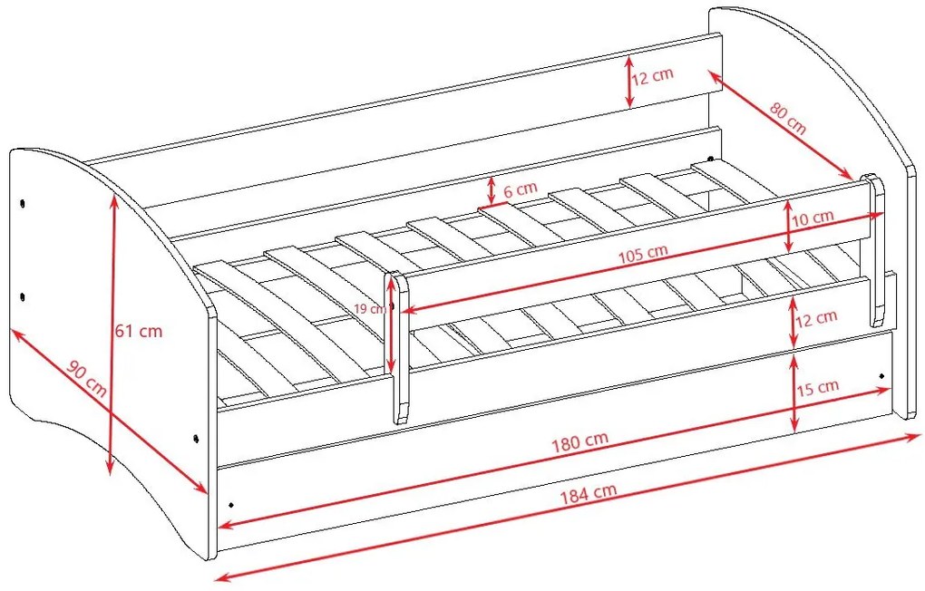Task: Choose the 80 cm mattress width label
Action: pos(788,119)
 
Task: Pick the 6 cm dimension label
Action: pos(521,189)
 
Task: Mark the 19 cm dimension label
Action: pos(370,308)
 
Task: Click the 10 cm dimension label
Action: pos(813,218)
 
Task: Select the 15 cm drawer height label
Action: pos(818,388)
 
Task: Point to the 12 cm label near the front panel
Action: pos(816,318)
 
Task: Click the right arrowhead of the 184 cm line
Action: pos(914,437)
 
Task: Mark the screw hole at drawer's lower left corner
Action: pos(230,505)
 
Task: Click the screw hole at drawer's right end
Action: pos(882,376)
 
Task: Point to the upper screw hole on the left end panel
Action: pos(23,203)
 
